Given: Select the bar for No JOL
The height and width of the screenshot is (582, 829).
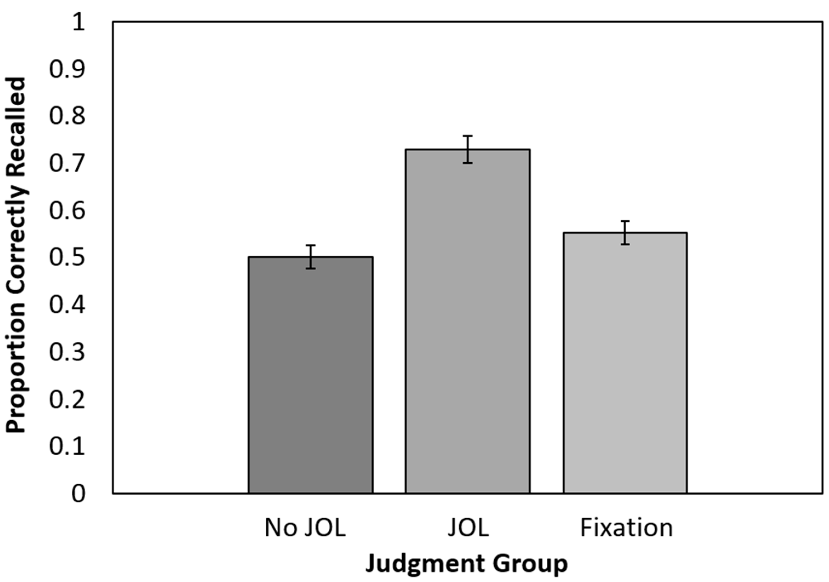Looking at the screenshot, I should [x=311, y=375].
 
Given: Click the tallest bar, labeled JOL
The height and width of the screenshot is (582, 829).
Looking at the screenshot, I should [x=467, y=321].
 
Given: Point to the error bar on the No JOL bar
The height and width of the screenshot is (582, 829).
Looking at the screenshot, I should [x=311, y=257].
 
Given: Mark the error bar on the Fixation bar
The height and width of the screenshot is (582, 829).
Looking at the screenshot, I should [x=625, y=233].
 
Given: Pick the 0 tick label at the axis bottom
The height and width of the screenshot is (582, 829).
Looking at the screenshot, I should [x=78, y=493].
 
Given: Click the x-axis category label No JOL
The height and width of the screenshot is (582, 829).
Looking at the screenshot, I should [x=305, y=528].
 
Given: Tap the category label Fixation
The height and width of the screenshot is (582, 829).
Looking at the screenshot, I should [x=626, y=528].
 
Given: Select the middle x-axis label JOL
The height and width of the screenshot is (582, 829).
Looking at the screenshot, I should [x=468, y=528].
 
